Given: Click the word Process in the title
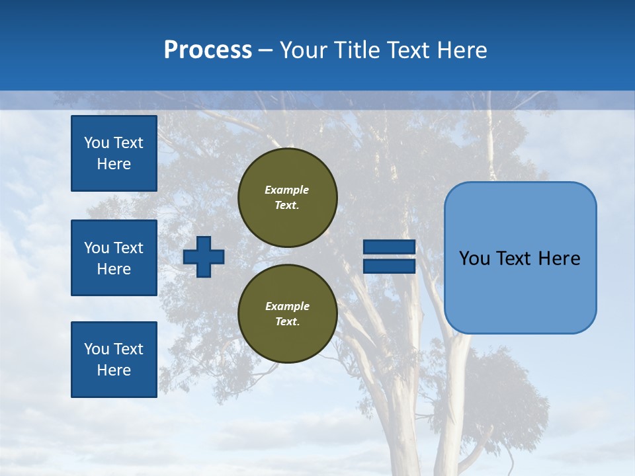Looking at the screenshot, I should tap(208, 50).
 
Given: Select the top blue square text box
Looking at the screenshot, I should tap(114, 153).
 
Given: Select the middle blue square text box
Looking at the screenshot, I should tap(114, 258).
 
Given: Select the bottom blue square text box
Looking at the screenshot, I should tap(114, 360).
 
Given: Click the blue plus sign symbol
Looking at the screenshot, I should tap(204, 257).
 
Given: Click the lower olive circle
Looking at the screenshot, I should tap(288, 314).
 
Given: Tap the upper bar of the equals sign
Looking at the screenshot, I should tap(389, 247).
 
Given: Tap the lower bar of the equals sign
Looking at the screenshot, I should tap(389, 266).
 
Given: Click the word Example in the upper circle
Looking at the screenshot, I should tap(287, 190).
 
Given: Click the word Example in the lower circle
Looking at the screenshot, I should tap(287, 306).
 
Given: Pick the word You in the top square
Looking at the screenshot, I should tap(96, 143).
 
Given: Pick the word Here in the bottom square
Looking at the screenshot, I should tap(114, 370).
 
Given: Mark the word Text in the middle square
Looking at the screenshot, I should tap(128, 248).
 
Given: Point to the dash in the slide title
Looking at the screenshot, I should tap(265, 50).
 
